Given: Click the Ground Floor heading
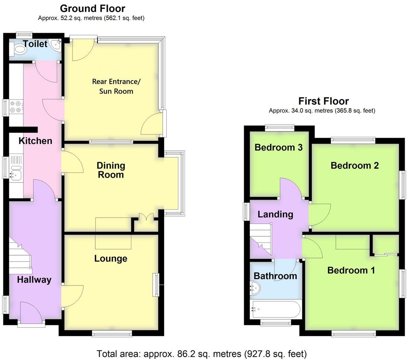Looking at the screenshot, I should tap(92, 8).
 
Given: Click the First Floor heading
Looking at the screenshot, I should tap(323, 101).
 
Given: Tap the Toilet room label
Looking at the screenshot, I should tap(35, 44).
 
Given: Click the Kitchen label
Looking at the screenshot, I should tap(35, 141).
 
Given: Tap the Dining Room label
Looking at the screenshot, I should tap(111, 170).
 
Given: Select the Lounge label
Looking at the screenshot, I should tap(111, 258).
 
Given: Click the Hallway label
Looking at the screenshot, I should tap(34, 280).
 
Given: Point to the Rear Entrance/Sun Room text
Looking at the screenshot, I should tap(116, 86).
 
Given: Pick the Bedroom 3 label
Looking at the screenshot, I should tap(278, 148).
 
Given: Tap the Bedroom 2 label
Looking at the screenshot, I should tap(354, 165).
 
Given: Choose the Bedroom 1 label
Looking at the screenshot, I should tap(351, 270).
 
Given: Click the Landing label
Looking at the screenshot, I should tap(275, 214).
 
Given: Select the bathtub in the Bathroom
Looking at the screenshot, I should tap(276, 309).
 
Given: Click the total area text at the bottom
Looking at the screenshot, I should tap(201, 353).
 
